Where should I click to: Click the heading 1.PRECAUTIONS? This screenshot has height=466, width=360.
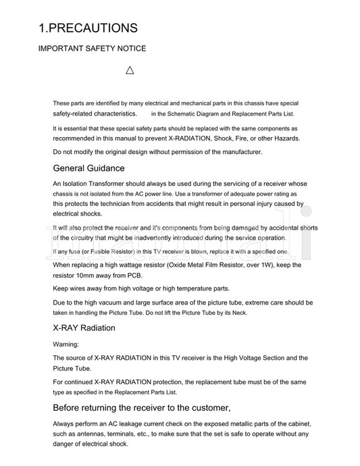(x=88, y=28)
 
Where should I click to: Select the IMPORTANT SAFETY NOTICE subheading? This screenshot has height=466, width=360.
(x=92, y=49)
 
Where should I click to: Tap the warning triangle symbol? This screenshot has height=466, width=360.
(x=130, y=70)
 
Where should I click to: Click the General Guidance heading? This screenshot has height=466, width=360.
(x=88, y=168)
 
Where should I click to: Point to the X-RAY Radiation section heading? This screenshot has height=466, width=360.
(x=84, y=328)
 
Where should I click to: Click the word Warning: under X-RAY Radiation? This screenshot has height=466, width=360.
(x=66, y=344)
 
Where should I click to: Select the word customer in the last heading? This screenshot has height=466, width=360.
(x=207, y=408)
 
